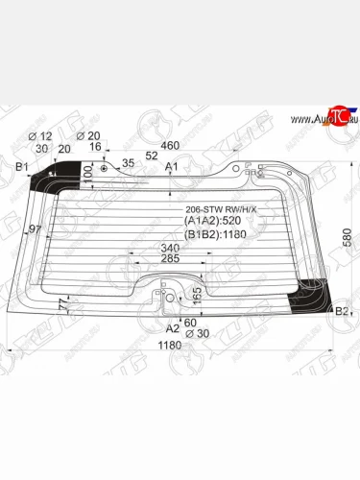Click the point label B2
tap(341, 310)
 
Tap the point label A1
tap(173, 167)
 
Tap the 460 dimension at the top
tap(171, 147)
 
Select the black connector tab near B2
tap(313, 288)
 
